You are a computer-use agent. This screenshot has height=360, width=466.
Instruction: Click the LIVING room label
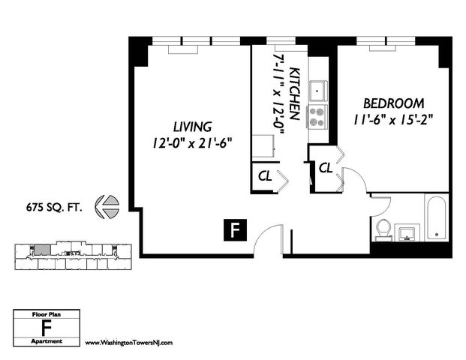point(193,127)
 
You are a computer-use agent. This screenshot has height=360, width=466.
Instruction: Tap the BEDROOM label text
point(393,103)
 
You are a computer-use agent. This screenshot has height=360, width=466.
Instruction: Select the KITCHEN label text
point(294,94)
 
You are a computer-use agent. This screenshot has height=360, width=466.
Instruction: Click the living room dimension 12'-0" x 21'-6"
point(192,143)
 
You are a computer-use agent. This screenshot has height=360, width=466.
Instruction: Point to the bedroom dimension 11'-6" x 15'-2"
point(393,120)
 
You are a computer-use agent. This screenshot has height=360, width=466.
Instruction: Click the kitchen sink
point(317,91)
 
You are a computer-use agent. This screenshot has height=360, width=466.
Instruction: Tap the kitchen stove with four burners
point(317,117)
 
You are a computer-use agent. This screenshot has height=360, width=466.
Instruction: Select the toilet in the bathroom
point(383,230)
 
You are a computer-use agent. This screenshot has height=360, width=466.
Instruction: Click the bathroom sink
point(407,232)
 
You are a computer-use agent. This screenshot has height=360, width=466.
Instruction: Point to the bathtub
point(436,218)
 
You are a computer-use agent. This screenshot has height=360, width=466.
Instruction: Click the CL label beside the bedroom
point(326,169)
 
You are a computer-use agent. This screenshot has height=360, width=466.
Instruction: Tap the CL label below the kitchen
point(265,176)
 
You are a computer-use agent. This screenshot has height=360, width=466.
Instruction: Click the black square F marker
point(235,230)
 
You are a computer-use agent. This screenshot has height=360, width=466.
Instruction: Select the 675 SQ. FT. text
point(54,207)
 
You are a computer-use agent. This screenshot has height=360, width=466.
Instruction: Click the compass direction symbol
point(107,207)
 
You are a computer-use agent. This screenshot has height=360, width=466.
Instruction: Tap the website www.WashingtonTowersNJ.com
point(129,343)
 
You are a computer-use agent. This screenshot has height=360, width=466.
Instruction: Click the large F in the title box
point(47,328)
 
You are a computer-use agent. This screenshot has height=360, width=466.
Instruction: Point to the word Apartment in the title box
point(47,341)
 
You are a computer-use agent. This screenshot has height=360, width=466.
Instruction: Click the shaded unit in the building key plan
point(42,250)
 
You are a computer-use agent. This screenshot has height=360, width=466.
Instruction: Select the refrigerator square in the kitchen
point(263,146)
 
